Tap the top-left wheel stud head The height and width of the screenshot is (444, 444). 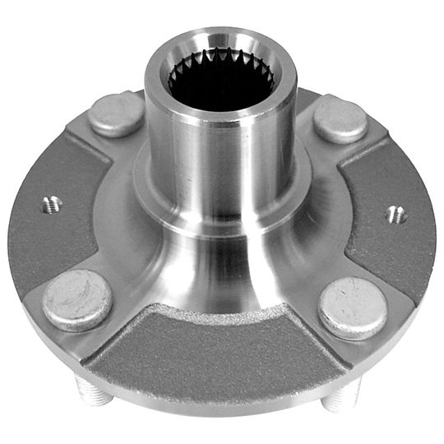click(x=116, y=115)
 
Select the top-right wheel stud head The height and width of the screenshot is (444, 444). click(x=340, y=119)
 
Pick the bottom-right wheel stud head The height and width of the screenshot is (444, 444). click(x=353, y=308)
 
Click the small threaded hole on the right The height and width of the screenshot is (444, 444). click(x=396, y=215)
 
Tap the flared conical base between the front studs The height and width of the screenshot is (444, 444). click(x=214, y=271)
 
